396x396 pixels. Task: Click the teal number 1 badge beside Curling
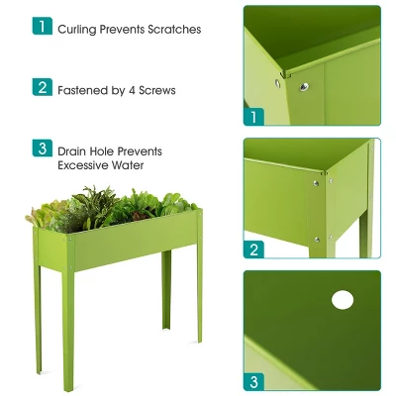click(x=42, y=27)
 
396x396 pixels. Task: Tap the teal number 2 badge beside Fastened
click(x=42, y=87)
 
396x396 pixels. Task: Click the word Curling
click(x=78, y=30)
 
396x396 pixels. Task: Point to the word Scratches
click(x=174, y=30)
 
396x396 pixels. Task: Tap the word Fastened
click(x=84, y=90)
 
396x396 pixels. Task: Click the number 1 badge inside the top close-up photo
click(x=254, y=117)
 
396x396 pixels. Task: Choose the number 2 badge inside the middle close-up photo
click(x=254, y=249)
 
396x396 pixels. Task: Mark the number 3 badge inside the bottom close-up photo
click(x=254, y=381)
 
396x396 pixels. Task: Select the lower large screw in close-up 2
click(x=317, y=238)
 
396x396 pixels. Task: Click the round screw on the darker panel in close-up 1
click(x=305, y=86)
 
